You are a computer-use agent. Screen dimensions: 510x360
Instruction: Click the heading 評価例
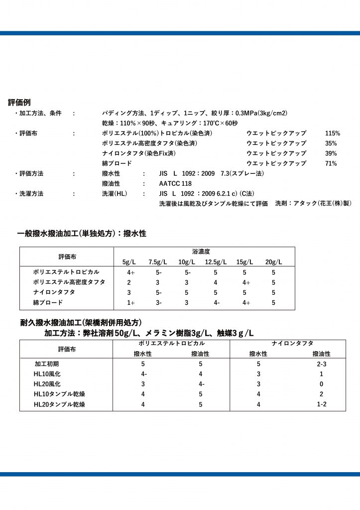click(x=20, y=103)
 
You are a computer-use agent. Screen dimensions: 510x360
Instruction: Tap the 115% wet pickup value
click(x=332, y=133)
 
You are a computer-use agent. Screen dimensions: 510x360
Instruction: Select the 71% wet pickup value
click(x=331, y=163)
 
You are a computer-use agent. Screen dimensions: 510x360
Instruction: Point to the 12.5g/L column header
click(x=216, y=262)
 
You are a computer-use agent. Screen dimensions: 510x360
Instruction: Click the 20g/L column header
click(x=273, y=262)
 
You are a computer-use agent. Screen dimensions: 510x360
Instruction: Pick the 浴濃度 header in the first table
click(x=201, y=252)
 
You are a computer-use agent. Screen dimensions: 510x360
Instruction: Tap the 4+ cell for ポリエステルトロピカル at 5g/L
click(x=131, y=272)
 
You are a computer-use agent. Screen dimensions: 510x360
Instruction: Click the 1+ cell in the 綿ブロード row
click(x=131, y=302)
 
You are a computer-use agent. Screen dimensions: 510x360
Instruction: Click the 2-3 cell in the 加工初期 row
click(x=321, y=364)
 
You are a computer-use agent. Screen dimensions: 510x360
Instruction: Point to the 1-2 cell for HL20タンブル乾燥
click(x=321, y=404)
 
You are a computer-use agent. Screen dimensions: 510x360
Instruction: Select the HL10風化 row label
click(x=47, y=374)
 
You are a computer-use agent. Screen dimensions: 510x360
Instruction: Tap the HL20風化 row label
click(x=47, y=384)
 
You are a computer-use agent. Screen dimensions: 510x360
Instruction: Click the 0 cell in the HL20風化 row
click(x=321, y=384)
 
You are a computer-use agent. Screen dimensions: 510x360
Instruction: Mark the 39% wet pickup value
click(x=331, y=153)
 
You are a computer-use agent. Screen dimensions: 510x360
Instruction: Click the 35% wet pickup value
click(x=331, y=143)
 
